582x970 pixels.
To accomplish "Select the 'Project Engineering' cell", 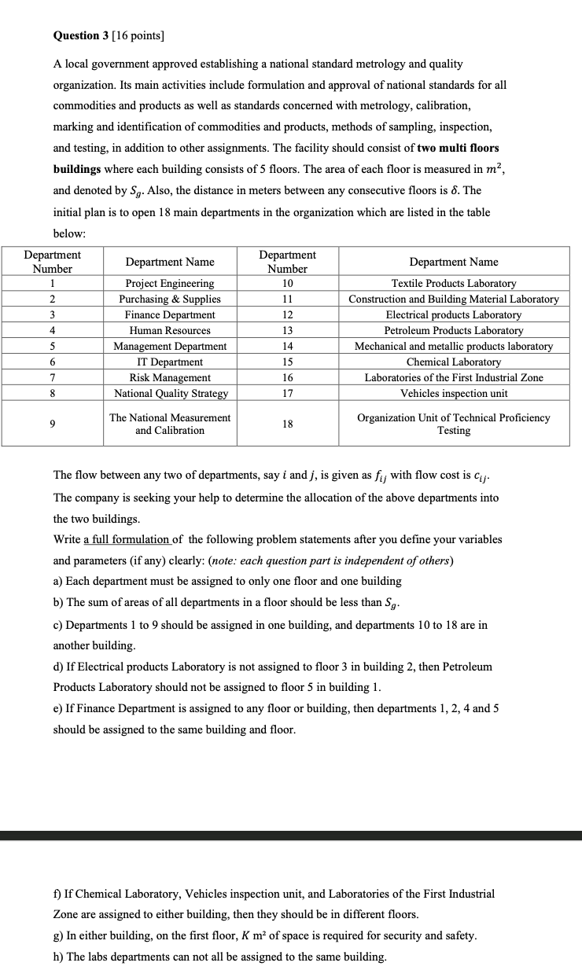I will tap(170, 283).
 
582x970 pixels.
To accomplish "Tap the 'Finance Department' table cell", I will tap(170, 314).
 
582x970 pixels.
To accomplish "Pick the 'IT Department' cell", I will tap(170, 362).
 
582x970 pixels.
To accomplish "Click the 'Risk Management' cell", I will tap(170, 377).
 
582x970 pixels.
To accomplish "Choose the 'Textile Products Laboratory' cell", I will tap(454, 283).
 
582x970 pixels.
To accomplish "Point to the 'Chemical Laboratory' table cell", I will tap(454, 362).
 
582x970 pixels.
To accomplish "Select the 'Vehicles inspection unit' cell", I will tap(454, 393).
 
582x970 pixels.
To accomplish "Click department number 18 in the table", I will tap(287, 424).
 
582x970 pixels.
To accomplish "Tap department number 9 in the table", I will tap(52, 424).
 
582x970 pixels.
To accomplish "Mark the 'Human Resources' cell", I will tap(170, 330).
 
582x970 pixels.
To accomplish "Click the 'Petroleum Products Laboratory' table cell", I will tap(454, 330).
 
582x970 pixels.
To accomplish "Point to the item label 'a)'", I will tap(58, 581).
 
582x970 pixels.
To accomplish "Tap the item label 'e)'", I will tap(58, 708).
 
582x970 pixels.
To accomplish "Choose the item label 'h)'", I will tap(58, 957).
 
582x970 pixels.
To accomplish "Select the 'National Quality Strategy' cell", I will tap(170, 393).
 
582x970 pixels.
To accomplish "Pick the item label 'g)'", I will tap(58, 935).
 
